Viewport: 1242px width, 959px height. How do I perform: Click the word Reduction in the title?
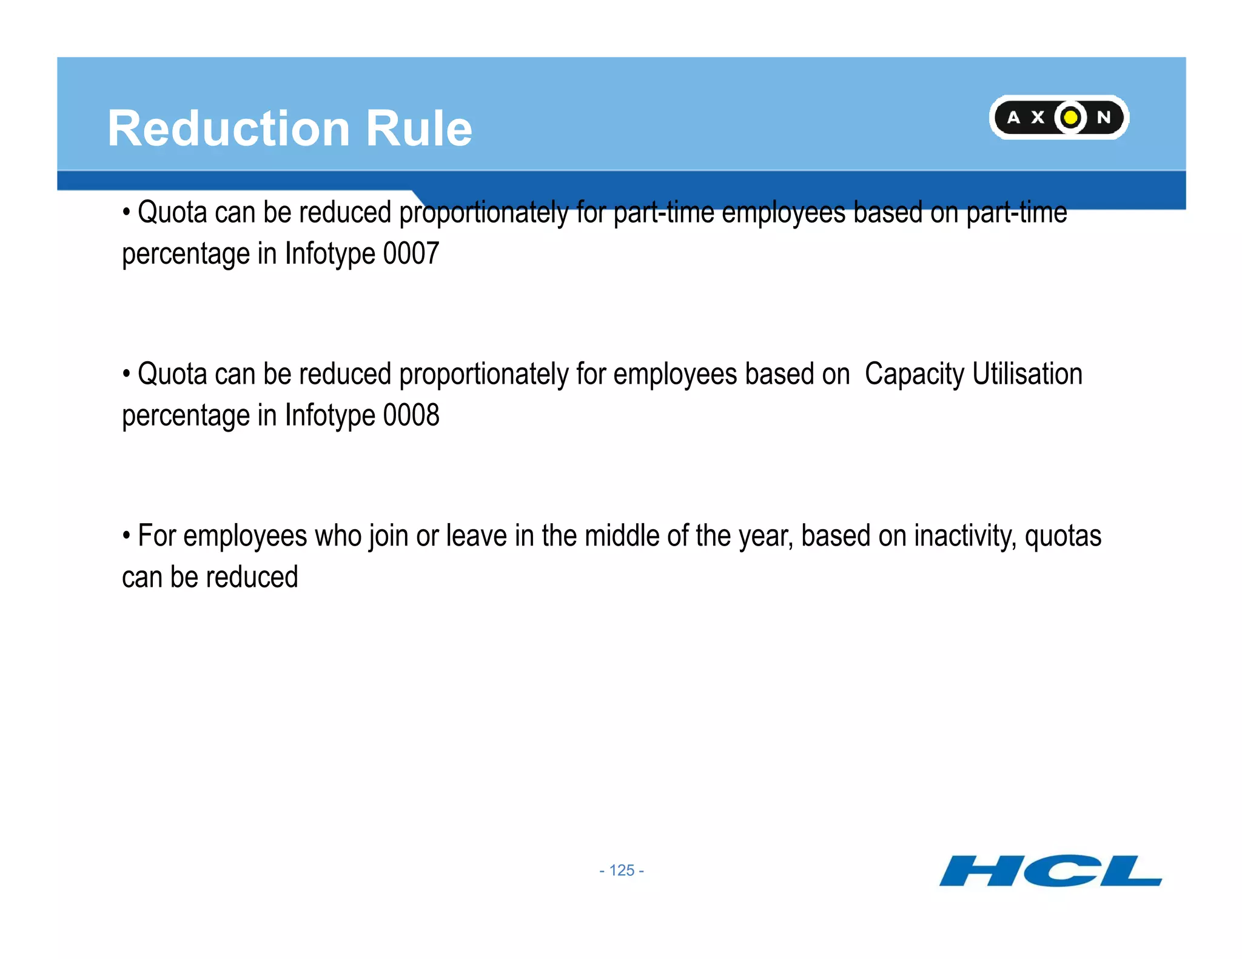228,129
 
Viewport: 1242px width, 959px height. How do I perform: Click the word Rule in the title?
419,129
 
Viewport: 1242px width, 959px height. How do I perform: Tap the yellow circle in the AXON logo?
1071,117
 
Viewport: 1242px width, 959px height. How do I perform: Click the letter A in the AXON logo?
1013,118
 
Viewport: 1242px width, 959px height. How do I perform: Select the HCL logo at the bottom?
1050,871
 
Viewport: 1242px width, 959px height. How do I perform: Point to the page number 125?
622,870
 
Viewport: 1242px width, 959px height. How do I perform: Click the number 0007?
411,253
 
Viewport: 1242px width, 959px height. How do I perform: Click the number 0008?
411,415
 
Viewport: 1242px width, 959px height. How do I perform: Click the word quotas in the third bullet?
1062,536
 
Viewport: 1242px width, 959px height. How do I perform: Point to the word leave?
477,536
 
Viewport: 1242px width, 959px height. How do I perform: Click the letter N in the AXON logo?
1104,117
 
